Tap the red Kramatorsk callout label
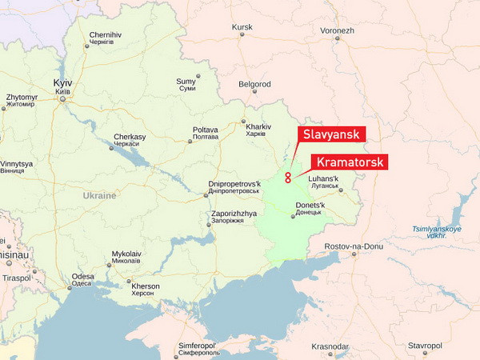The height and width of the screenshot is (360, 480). coord(347,162)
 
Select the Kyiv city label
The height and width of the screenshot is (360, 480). coord(62,83)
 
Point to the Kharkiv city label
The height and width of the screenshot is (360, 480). coord(258,126)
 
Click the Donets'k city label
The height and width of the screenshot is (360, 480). coord(310,206)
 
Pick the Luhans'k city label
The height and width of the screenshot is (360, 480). coord(323,178)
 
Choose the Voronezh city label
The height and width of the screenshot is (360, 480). coord(337,30)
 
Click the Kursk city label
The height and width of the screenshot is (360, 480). coord(242,27)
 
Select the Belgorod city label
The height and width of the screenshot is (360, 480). coord(254,83)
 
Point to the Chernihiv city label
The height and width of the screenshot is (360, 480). coord(106,35)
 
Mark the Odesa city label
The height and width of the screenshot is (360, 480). coord(82,277)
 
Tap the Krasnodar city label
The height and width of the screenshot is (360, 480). coord(330,346)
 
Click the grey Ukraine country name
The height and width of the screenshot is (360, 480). coord(99,195)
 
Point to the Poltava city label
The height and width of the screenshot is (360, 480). coord(206,130)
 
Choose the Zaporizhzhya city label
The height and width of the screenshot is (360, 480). coord(234,214)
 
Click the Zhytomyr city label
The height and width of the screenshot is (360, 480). coord(21,97)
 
